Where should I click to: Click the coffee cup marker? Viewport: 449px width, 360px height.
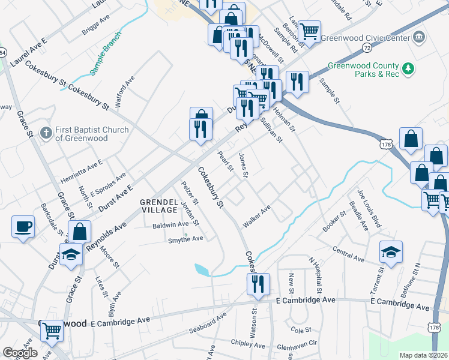coord(23,227)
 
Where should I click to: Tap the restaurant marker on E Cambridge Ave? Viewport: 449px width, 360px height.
coord(258,284)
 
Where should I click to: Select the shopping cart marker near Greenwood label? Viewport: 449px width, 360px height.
coord(52,330)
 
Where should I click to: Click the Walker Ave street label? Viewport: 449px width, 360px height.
coord(257,216)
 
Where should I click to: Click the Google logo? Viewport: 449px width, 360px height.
coord(20,353)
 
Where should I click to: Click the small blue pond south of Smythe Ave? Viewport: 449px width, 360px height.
coord(202,270)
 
